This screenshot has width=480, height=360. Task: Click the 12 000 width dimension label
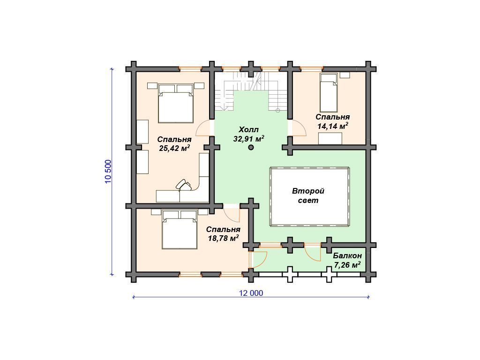click(251, 293)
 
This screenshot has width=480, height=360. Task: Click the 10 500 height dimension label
click(108, 172)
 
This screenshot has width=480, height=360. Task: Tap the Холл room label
click(248, 129)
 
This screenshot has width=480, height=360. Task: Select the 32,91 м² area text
click(248, 139)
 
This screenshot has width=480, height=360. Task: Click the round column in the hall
click(251, 148)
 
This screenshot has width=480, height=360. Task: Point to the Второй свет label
click(308, 196)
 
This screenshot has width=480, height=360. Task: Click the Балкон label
click(347, 255)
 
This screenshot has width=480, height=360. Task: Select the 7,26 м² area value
click(347, 265)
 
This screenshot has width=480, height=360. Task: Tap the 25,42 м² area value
click(174, 149)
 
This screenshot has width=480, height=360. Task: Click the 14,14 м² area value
click(333, 126)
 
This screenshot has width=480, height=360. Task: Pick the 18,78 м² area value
click(223, 238)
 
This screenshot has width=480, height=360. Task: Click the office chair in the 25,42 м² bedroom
click(183, 185)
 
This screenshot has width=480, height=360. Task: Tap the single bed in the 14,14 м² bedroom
click(329, 92)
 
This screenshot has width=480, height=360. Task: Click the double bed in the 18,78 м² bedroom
click(180, 229)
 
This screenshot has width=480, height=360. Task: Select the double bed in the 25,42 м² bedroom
click(176, 104)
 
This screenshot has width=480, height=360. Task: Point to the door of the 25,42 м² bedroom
click(204, 128)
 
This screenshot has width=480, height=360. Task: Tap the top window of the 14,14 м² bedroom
click(312, 69)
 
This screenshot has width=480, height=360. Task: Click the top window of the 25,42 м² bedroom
click(191, 69)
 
